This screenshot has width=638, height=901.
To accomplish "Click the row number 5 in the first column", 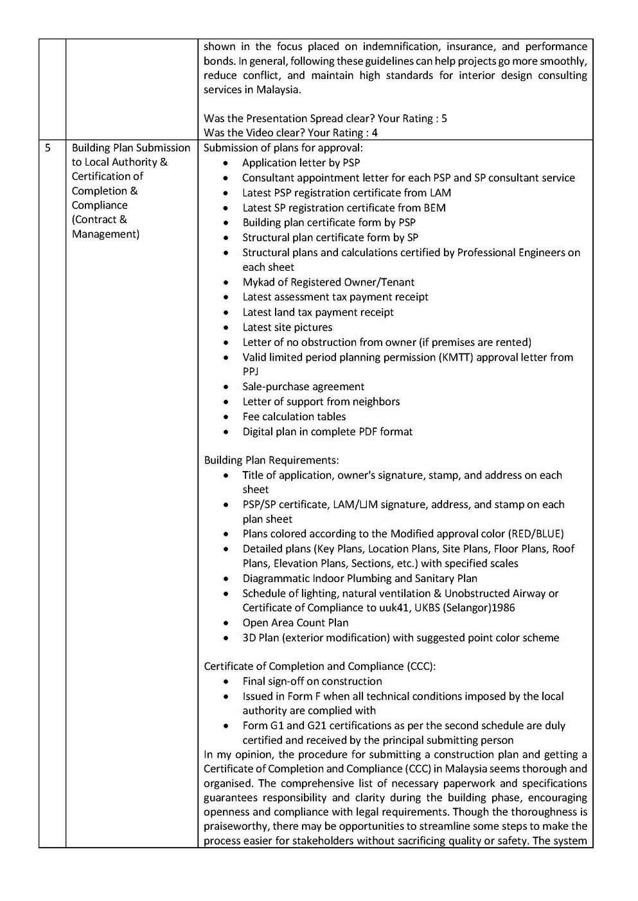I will [x=48, y=148].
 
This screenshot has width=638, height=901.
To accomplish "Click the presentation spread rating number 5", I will [x=444, y=119].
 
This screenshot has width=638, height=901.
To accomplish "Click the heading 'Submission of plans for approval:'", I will [x=283, y=148].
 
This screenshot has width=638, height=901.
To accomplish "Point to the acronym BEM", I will [x=434, y=208].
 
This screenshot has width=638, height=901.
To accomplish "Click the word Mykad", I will [x=258, y=282].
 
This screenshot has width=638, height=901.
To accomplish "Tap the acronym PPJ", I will [x=250, y=372].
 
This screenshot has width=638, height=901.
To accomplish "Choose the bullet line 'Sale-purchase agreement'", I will [x=303, y=387].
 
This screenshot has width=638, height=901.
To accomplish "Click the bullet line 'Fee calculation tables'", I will [x=294, y=416].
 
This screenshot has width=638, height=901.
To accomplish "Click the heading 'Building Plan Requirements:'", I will [x=271, y=460].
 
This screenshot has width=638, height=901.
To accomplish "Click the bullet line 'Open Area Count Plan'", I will [x=296, y=622].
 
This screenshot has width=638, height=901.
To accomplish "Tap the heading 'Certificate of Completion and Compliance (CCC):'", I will [x=320, y=666].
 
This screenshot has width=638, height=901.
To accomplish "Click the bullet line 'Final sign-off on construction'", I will [x=312, y=681].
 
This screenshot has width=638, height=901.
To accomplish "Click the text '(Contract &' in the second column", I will [x=100, y=219].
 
